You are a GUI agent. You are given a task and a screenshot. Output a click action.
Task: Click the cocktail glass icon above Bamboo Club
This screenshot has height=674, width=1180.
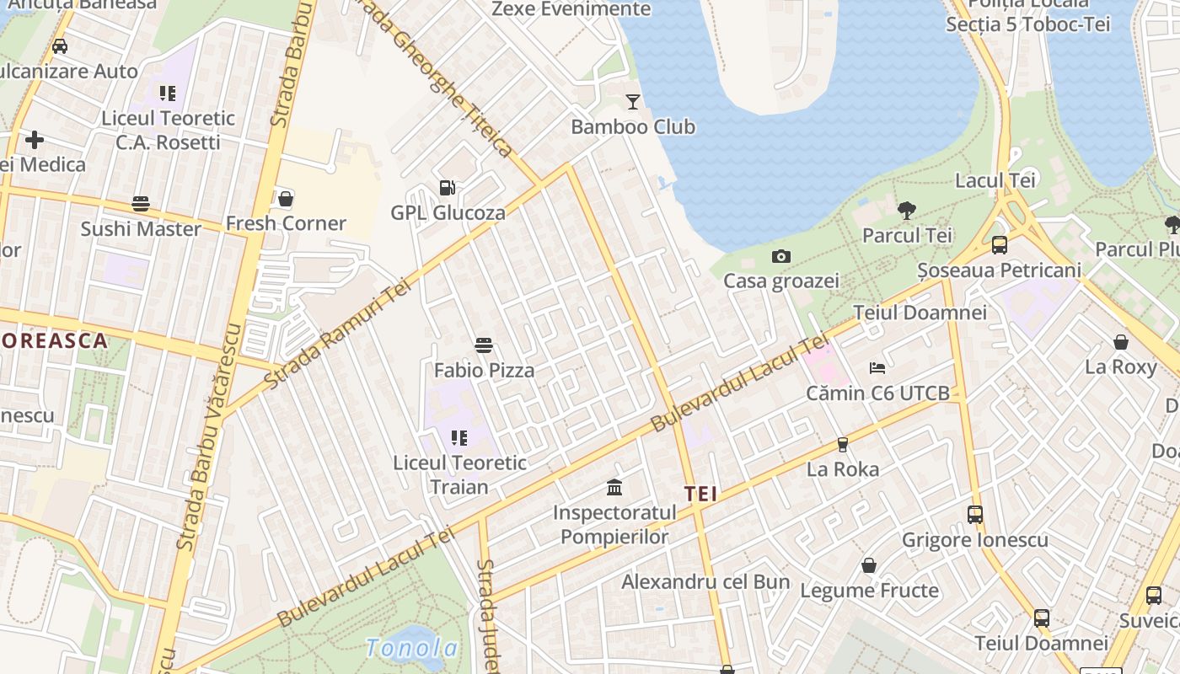(633, 102)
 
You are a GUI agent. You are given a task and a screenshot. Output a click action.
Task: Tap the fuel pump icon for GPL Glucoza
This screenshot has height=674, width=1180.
(448, 188)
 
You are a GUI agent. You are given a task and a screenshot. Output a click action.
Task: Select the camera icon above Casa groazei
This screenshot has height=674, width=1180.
(781, 256)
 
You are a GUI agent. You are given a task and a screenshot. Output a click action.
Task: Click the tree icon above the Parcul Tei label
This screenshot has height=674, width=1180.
(907, 211)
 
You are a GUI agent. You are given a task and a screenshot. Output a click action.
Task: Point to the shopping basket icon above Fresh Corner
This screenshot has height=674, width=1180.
(286, 199)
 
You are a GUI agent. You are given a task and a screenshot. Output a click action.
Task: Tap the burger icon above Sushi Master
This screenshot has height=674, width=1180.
(141, 204)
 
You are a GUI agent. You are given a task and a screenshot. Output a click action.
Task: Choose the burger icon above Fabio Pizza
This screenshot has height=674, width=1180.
(484, 345)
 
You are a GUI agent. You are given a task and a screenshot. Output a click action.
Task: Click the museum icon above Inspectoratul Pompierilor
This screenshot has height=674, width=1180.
(614, 488)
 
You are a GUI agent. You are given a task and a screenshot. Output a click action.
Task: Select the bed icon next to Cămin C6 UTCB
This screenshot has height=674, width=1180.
(877, 368)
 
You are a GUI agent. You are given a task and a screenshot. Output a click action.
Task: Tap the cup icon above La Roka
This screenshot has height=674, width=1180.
(842, 445)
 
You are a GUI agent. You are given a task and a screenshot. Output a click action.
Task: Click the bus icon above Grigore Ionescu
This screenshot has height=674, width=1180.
(975, 515)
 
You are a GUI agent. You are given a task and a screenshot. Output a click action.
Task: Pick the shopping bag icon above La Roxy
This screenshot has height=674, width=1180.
(1121, 342)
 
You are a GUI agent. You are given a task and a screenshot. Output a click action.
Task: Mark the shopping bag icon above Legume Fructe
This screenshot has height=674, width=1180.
(869, 565)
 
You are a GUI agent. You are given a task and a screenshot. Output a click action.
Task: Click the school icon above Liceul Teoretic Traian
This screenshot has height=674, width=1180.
(459, 438)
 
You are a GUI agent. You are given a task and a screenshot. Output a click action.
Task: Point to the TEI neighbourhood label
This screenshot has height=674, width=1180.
(700, 495)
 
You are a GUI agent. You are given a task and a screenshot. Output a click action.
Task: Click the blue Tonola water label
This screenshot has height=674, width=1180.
(412, 648)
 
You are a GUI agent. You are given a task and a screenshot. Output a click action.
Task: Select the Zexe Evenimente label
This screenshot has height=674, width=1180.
(571, 9)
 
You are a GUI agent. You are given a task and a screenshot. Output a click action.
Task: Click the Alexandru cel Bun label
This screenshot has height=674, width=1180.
(705, 582)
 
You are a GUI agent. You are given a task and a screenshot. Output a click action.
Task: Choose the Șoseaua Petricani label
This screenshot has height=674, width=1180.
(999, 270)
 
